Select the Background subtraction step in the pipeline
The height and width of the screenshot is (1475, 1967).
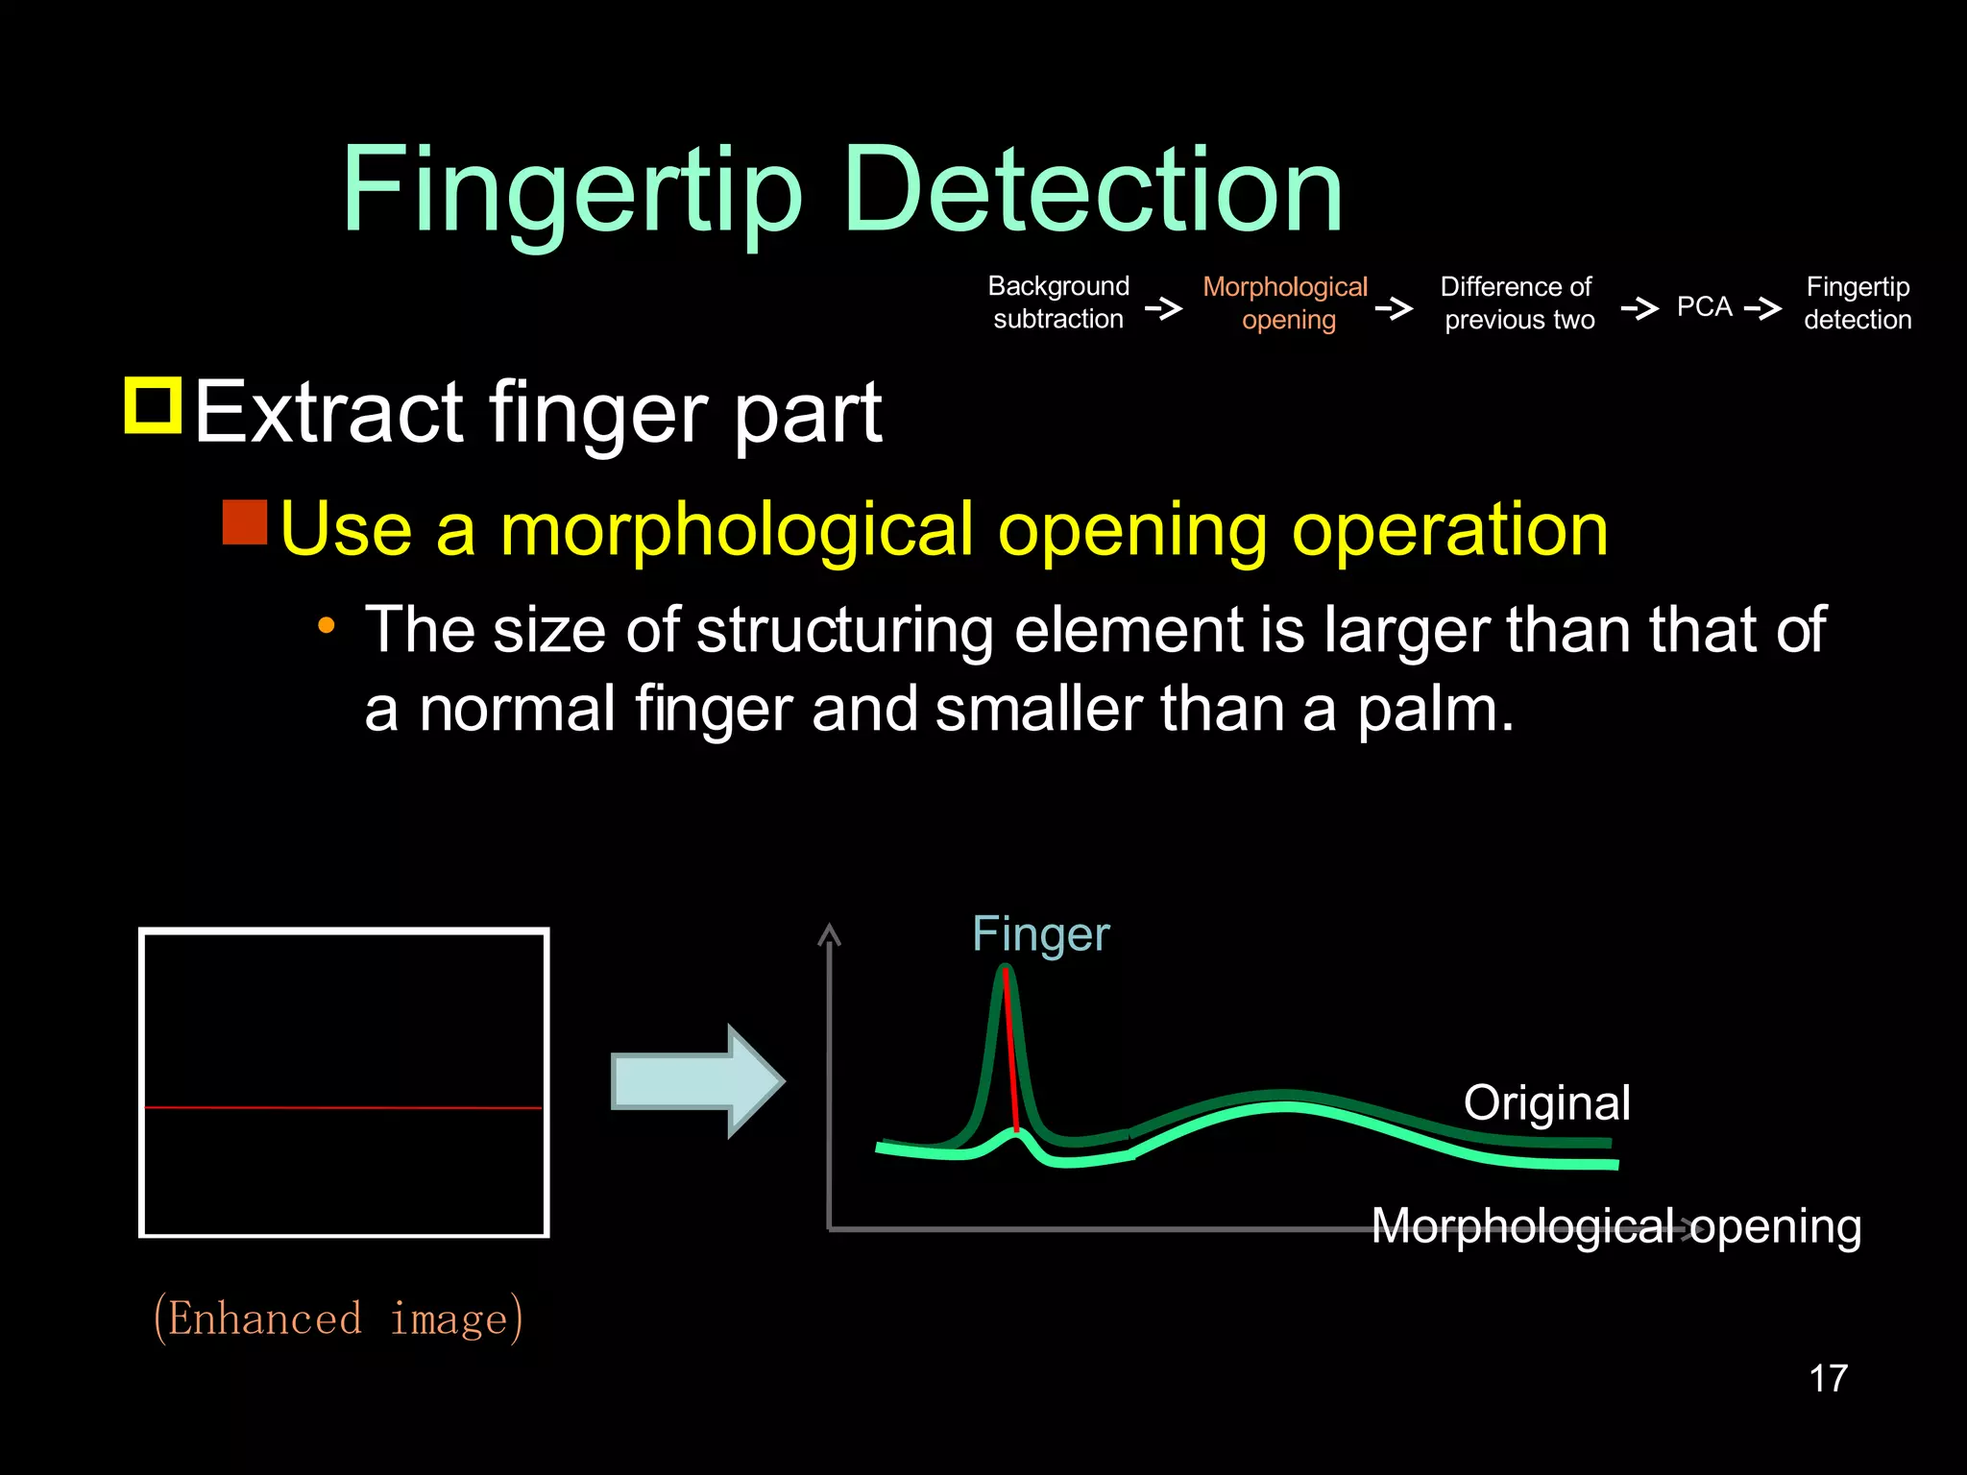[1058, 302]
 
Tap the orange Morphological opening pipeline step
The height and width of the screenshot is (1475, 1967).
[1285, 303]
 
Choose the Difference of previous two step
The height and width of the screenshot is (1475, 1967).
[1518, 303]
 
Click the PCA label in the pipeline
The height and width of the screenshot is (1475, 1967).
[1704, 307]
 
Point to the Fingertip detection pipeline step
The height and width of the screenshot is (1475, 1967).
[1858, 303]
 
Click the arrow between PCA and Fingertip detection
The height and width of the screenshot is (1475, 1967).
[1763, 309]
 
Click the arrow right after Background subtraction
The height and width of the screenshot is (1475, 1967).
[1163, 309]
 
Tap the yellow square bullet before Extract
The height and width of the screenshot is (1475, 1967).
[154, 406]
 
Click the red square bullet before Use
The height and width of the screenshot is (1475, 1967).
[245, 522]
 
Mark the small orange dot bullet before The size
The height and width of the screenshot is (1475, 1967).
[327, 627]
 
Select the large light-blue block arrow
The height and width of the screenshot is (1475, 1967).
[697, 1081]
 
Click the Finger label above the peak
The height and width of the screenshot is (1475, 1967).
[1040, 934]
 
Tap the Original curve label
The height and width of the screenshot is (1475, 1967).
[1546, 1102]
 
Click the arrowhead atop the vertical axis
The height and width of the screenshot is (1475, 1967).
[829, 934]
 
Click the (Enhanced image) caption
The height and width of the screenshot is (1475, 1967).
[338, 1318]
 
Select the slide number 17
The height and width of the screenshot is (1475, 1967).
[1828, 1379]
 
